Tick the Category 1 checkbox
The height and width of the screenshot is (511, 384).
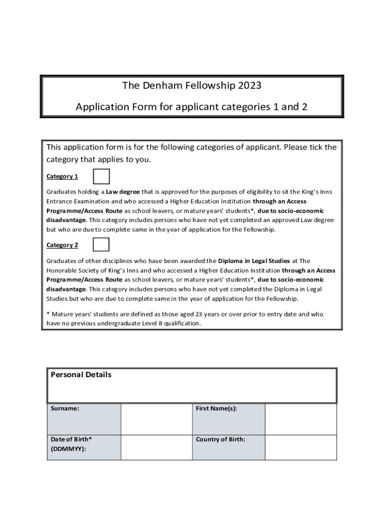[x=101, y=176]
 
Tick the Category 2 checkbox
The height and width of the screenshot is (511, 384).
[x=101, y=245]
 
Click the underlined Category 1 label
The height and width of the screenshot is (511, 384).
[x=62, y=177]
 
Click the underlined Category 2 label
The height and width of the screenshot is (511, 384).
[x=62, y=245]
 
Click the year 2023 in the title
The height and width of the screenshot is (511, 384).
[x=249, y=86]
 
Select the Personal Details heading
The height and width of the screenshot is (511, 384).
[x=81, y=375]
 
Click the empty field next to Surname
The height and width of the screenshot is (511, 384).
[x=156, y=419]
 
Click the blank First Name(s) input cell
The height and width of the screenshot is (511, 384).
[x=300, y=419]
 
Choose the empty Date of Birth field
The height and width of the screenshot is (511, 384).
[x=156, y=447]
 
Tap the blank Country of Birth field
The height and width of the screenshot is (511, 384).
[x=300, y=447]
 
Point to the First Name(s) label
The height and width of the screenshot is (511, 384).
[x=216, y=409]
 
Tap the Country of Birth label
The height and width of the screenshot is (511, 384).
[x=220, y=440]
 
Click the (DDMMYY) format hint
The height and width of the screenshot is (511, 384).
[x=68, y=449]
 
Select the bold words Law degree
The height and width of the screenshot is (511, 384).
[x=123, y=192]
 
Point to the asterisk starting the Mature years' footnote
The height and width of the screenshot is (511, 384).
[x=48, y=314]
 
